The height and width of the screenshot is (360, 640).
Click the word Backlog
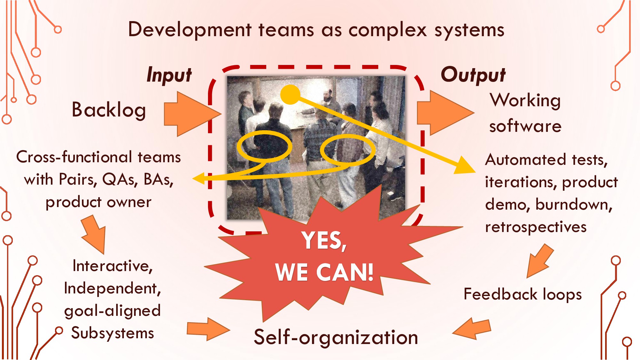(x=109, y=110)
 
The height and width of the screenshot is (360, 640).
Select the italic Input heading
(x=169, y=76)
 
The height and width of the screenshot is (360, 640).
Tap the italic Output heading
(x=473, y=76)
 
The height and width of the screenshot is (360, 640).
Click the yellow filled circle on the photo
(x=290, y=94)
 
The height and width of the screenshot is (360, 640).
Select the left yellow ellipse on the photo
(x=264, y=146)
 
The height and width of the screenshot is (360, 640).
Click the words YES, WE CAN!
(x=324, y=256)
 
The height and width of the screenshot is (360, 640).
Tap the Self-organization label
(x=336, y=337)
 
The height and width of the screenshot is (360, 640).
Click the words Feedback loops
(x=523, y=294)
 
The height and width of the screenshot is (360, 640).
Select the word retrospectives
(x=536, y=227)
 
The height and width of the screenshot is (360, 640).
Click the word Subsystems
(x=113, y=333)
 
